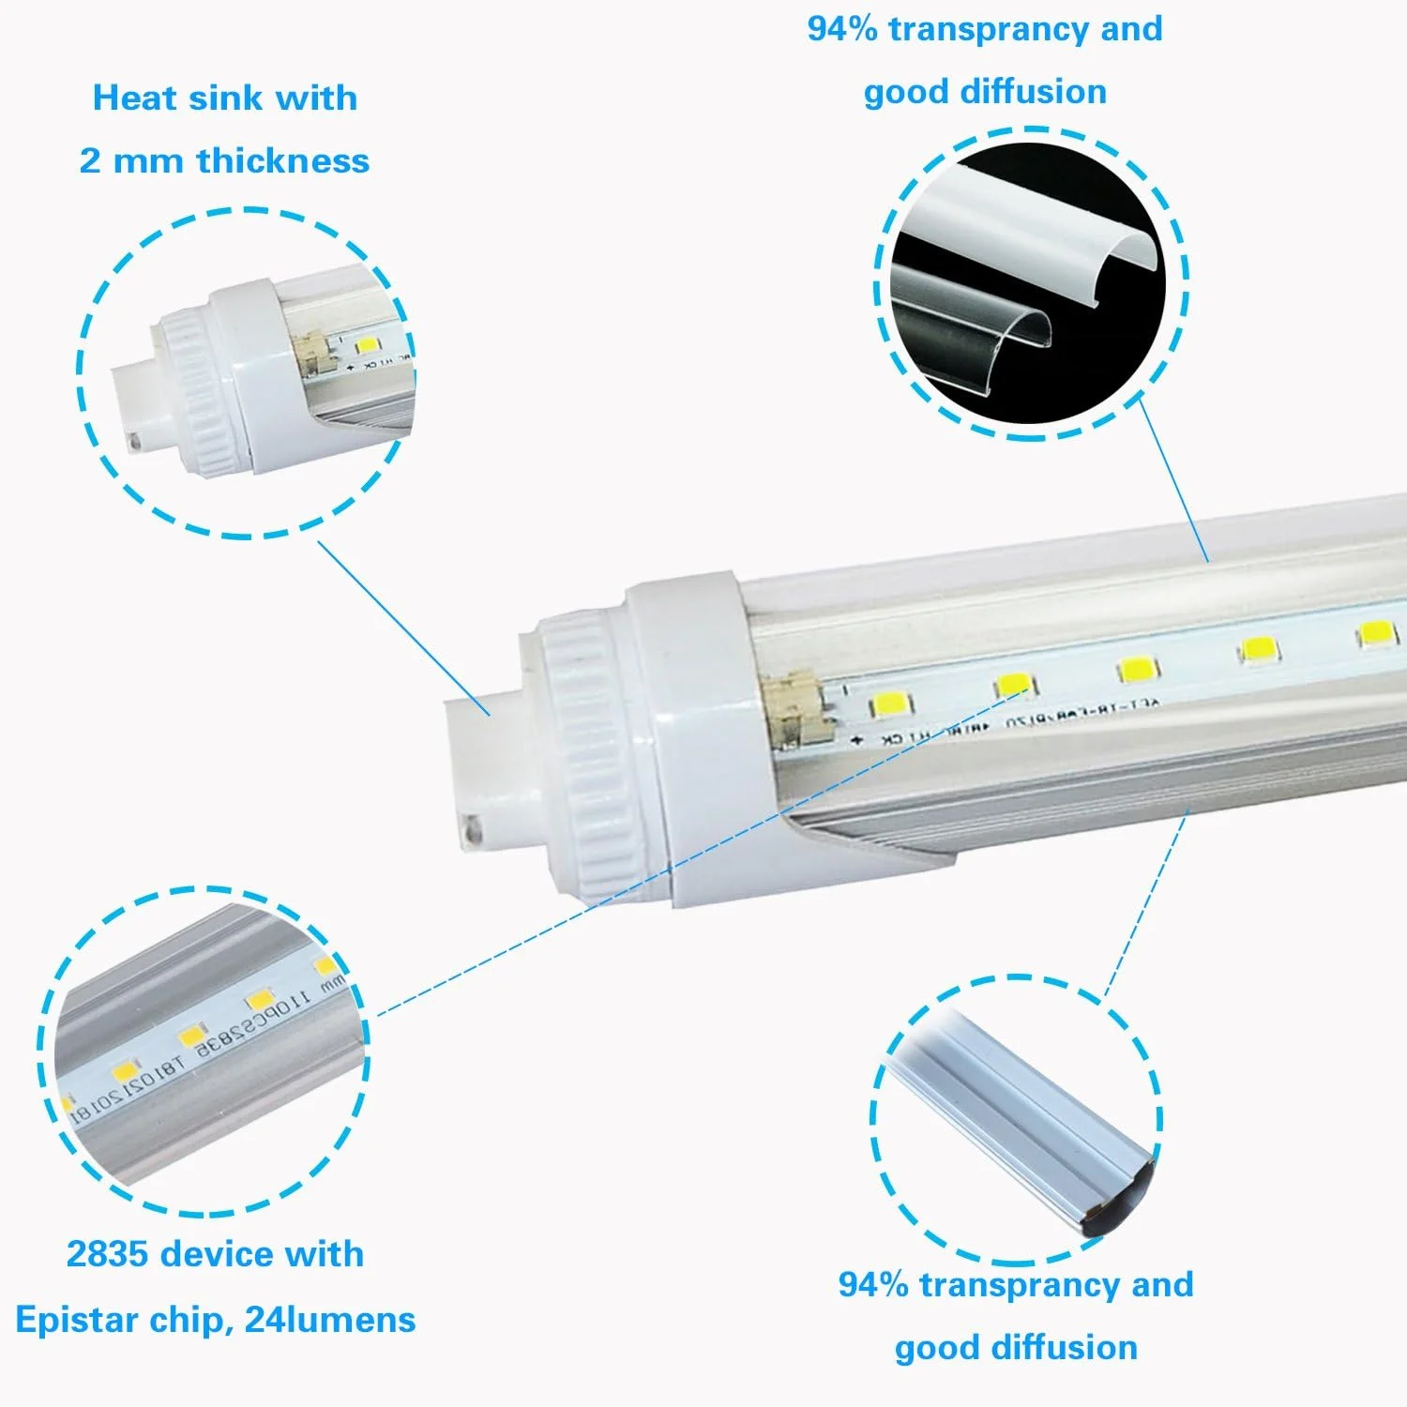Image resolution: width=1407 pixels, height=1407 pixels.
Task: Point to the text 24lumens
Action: click(x=329, y=1320)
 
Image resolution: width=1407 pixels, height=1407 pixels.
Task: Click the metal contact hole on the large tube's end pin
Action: click(x=473, y=829)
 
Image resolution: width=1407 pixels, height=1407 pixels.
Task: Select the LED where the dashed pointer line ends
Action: click(x=1013, y=685)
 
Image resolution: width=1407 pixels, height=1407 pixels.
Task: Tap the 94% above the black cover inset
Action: click(x=840, y=29)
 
